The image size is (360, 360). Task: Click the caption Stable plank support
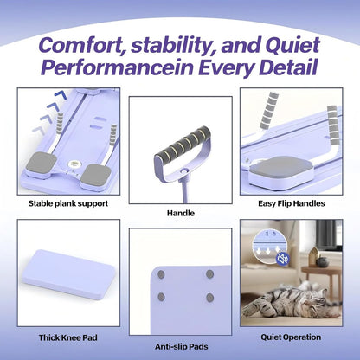(x=68, y=203)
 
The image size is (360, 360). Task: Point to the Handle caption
(x=181, y=213)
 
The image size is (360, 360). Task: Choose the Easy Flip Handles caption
(x=292, y=203)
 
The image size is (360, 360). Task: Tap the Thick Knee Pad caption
(x=68, y=337)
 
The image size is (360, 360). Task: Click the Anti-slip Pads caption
(x=182, y=346)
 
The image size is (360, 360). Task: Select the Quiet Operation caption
(x=291, y=337)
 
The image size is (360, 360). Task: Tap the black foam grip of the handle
(x=183, y=143)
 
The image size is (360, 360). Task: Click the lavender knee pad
(x=68, y=273)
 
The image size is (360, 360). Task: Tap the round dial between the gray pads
(x=73, y=164)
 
